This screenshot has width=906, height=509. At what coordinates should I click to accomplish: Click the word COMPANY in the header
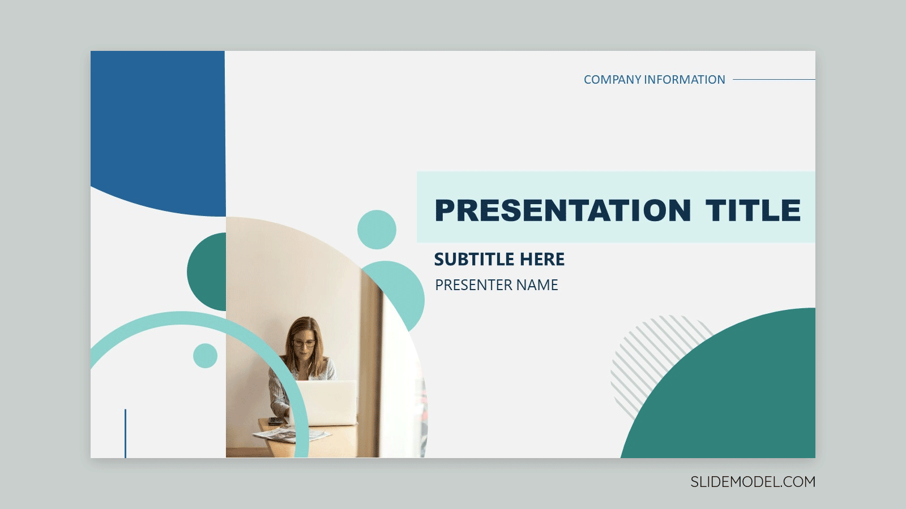(x=612, y=80)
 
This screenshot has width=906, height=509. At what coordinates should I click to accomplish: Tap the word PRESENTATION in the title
(x=563, y=210)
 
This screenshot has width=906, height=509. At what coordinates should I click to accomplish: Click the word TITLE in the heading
(x=753, y=210)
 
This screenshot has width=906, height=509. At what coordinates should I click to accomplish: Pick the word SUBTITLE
(x=475, y=260)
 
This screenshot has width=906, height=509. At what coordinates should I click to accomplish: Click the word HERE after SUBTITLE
(x=542, y=260)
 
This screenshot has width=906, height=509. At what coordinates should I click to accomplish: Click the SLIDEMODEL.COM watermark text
(x=753, y=482)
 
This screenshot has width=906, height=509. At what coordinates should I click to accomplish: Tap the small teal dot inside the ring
(x=205, y=356)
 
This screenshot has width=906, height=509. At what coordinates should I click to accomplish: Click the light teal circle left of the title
(x=377, y=230)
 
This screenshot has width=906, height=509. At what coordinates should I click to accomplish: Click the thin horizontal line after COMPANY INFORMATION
(x=774, y=80)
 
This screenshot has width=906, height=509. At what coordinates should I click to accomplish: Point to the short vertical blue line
(x=125, y=433)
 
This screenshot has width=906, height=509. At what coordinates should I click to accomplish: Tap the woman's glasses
(x=304, y=343)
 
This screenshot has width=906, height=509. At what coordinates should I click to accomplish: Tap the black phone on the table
(x=276, y=421)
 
